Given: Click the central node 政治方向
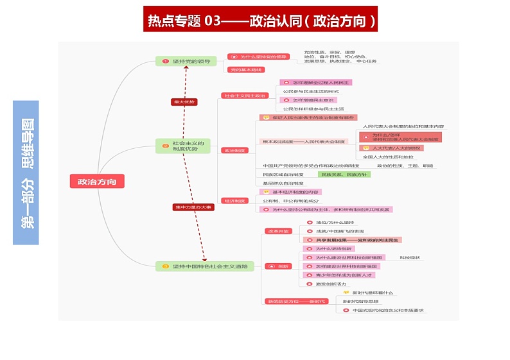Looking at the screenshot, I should pos(97,182).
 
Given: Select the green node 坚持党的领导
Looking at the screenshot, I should pos(186,61).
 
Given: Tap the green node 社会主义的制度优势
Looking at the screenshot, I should pos(186,146).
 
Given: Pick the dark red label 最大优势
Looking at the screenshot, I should pos(184,101).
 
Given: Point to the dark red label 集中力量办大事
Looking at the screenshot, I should pos(193,207).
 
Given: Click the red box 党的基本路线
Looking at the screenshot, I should pos(245,69).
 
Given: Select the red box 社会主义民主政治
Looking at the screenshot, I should pos(243,95).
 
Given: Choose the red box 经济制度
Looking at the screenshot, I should pos(234,200).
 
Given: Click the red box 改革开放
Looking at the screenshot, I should pos(277,230).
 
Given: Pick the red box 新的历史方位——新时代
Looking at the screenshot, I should pos(296,301).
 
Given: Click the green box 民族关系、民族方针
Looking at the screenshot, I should pos(344,175).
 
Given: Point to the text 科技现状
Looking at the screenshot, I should pos(409,257).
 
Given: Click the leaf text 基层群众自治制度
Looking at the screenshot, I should pos(283,184).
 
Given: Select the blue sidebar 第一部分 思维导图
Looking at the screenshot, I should pos(26,172).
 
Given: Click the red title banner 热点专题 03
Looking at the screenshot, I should pos(260,20).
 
